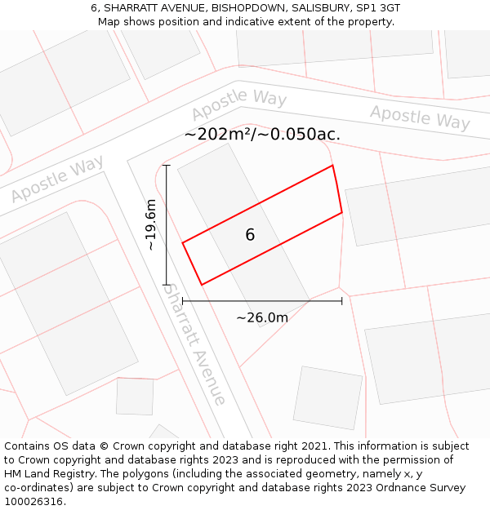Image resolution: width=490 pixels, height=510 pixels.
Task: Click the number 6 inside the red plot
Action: pyautogui.click(x=250, y=235)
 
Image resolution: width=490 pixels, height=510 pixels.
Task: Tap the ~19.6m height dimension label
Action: pyautogui.click(x=150, y=224)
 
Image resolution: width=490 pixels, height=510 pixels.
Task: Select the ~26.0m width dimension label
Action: pyautogui.click(x=262, y=317)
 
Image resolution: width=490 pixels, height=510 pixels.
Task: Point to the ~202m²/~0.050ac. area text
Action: pyautogui.click(x=262, y=135)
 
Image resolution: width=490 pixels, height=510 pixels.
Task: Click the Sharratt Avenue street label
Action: pyautogui.click(x=194, y=344)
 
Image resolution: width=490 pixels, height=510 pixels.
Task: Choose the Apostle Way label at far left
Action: pyautogui.click(x=57, y=180)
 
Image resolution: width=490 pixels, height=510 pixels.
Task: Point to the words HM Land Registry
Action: pyautogui.click(x=46, y=473)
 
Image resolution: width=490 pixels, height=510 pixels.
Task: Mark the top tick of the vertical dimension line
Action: pyautogui.click(x=167, y=166)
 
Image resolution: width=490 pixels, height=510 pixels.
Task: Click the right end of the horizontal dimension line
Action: pyautogui.click(x=341, y=301)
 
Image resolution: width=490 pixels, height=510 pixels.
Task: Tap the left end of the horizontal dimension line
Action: pyautogui.click(x=182, y=301)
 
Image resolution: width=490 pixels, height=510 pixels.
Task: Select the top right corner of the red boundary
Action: pyautogui.click(x=332, y=166)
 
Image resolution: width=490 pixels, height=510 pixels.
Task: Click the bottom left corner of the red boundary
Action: pyautogui.click(x=201, y=285)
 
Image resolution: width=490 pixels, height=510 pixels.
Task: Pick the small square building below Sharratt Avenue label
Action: pyautogui.click(x=135, y=397)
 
